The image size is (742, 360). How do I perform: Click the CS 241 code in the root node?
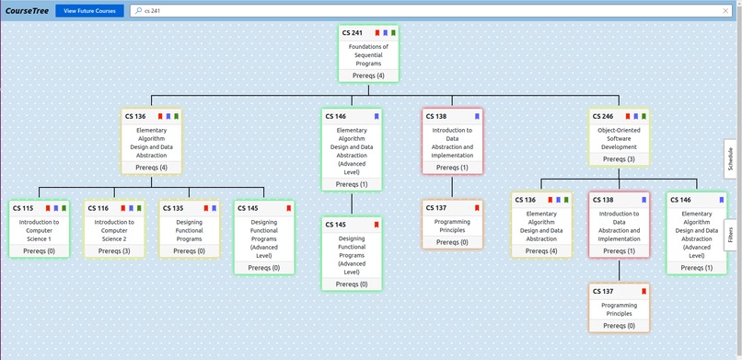coord(353,32)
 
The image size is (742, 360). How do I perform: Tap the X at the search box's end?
coord(725,11)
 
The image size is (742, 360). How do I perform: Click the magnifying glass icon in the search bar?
coord(138,11)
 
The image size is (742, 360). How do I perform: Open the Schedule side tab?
coord(729,159)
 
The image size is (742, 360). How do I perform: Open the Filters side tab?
coord(729,233)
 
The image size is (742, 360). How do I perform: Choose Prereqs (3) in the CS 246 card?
coord(619,159)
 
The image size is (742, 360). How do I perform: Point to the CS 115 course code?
coord(23,208)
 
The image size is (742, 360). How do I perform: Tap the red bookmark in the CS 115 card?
coord(47,208)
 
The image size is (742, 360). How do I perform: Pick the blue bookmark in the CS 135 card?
coord(213,208)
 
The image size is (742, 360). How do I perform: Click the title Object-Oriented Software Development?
coord(619,138)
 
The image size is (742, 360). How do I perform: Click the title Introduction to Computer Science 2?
coord(114,229)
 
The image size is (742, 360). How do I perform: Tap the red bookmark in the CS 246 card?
coord(628,116)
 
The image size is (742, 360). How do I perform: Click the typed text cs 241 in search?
coord(153,11)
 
